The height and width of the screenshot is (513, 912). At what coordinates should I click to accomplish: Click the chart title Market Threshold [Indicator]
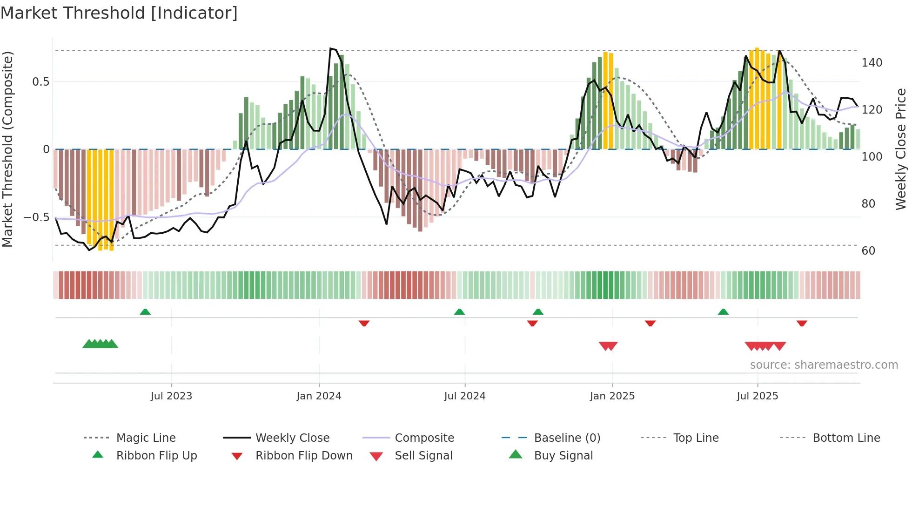119,13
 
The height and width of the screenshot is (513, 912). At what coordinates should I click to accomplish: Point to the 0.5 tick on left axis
40,82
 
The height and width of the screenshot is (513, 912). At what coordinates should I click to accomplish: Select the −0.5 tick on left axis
37,217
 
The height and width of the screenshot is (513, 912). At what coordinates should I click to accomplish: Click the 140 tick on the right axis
872,63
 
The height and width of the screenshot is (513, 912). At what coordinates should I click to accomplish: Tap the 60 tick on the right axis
868,251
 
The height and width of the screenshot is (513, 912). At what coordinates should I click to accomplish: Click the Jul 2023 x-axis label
171,396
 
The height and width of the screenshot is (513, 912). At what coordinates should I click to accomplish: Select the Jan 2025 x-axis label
612,396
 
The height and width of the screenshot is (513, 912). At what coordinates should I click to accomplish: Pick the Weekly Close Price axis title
901,149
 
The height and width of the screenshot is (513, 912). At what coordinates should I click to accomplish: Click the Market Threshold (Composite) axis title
7,149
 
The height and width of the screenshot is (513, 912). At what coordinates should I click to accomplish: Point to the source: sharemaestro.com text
824,365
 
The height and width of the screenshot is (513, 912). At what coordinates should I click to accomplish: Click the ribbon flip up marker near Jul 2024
459,312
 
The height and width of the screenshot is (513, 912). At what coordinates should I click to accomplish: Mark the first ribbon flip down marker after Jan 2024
364,323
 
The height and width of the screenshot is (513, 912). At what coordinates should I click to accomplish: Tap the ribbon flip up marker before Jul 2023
145,312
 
